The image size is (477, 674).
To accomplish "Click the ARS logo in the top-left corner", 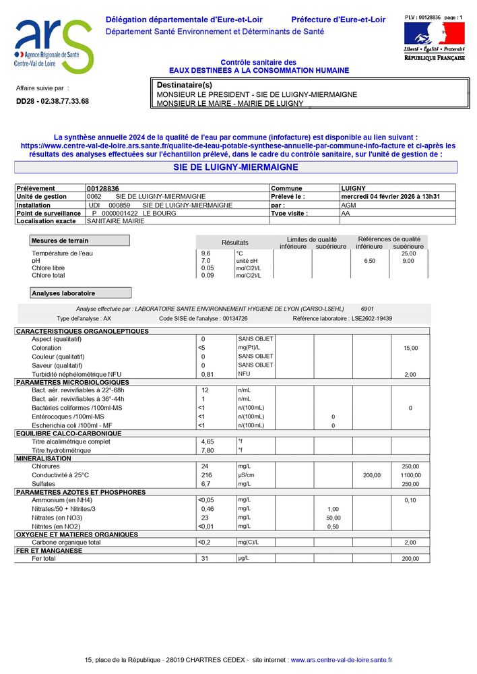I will click(x=53, y=46).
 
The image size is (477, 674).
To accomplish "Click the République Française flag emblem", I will click(x=425, y=34).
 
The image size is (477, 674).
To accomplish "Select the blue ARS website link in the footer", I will click(x=341, y=661).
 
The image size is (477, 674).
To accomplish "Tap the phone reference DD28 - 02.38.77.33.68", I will click(x=53, y=101).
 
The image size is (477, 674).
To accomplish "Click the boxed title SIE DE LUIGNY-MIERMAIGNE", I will click(x=236, y=167).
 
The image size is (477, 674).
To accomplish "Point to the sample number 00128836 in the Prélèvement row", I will click(x=103, y=189).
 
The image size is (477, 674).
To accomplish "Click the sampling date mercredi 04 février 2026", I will click(x=390, y=197).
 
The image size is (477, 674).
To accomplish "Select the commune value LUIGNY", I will click(x=354, y=189).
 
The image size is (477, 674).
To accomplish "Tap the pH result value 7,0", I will click(x=206, y=260).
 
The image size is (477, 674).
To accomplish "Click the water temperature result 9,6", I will click(x=206, y=253).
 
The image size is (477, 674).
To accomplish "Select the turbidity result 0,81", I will click(x=208, y=374).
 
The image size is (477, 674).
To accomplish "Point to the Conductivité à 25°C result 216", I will click(x=207, y=475).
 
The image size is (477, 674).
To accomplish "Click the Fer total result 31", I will click(x=205, y=559).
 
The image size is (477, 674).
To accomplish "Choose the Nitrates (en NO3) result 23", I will click(x=205, y=518).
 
